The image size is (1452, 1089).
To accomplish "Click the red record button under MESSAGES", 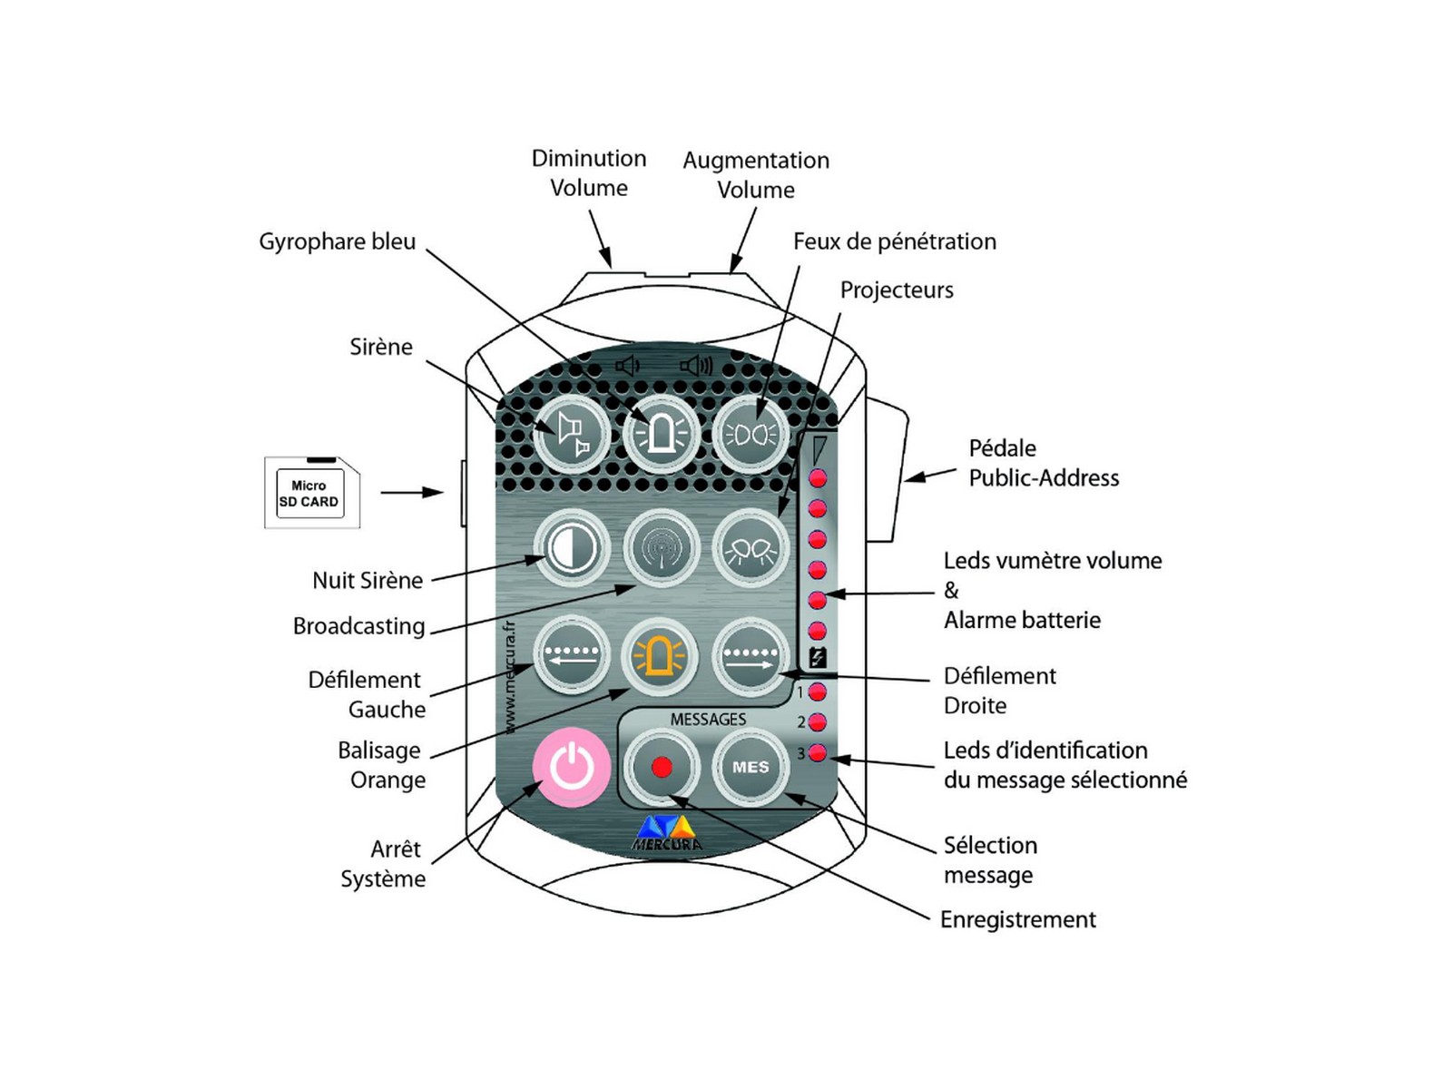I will click(662, 767).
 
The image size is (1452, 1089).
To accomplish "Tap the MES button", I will click(751, 767).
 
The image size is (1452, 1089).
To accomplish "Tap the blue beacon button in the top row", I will click(661, 434).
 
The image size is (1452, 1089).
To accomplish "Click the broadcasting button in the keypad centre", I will click(661, 549).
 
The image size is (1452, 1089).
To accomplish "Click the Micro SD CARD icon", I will click(310, 493).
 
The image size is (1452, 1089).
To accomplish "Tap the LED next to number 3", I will click(818, 752).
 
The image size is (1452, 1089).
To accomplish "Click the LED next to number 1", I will click(818, 692).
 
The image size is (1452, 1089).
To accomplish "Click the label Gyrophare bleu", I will click(337, 241).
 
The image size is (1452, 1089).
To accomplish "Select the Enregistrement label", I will click(1017, 919).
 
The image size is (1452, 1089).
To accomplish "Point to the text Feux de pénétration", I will click(894, 241).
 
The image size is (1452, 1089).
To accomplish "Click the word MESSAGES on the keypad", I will click(708, 719).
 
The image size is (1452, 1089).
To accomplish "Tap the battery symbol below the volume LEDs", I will click(818, 658).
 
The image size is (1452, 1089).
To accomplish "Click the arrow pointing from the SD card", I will click(412, 493).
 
